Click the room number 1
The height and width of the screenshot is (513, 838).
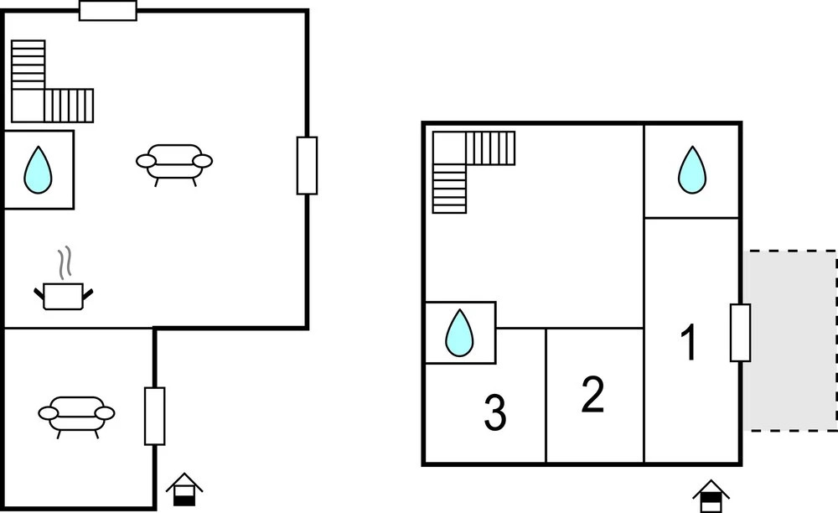pos(690,342)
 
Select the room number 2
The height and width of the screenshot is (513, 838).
pos(592,394)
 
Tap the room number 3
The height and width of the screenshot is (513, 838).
pos(495,412)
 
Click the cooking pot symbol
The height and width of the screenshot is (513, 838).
pos(63,296)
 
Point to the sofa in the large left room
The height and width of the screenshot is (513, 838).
pos(174,163)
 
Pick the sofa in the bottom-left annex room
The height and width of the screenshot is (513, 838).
pos(76,415)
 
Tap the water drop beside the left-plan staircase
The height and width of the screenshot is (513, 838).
pos(38,170)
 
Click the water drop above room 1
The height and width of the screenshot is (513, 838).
pos(692,170)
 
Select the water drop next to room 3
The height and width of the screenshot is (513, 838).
pos(459,333)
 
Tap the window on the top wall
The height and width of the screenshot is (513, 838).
pos(108,11)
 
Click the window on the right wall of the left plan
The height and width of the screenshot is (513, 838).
pos(308,166)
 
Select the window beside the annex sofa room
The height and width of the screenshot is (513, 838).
pos(154,417)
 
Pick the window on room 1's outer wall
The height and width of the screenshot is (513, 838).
pos(740,333)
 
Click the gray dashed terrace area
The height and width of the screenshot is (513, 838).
pos(790,340)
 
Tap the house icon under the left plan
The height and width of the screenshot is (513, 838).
pos(184,490)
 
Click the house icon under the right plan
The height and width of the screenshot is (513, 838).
pos(711,496)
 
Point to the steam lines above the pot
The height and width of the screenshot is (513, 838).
pos(65,263)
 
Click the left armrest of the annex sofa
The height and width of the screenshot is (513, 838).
pos(48,413)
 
